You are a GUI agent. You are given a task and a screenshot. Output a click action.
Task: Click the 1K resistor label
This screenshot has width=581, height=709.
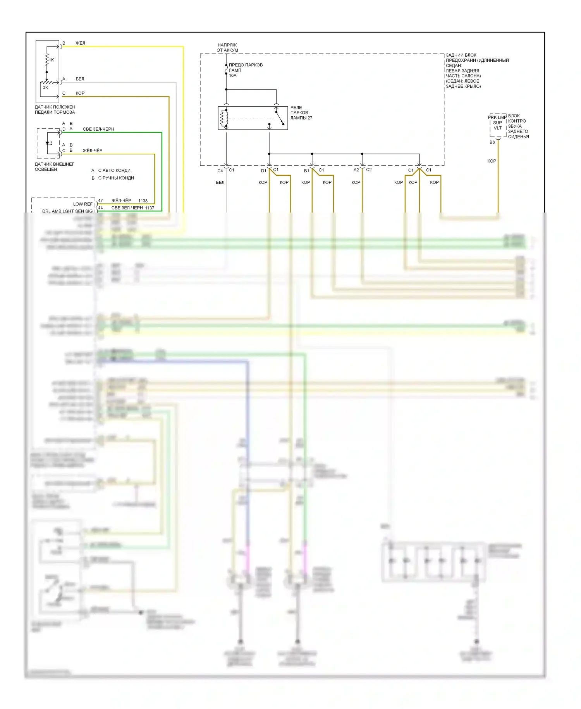coord(52,60)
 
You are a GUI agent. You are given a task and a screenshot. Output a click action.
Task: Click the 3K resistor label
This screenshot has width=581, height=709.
coord(46,88)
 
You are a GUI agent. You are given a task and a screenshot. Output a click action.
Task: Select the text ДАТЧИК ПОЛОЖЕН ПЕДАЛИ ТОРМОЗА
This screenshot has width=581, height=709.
coord(55,110)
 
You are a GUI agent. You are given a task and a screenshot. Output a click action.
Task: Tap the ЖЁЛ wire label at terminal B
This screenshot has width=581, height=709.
coord(80,43)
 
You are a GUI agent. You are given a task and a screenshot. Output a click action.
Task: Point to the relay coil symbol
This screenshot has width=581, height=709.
coord(224,118)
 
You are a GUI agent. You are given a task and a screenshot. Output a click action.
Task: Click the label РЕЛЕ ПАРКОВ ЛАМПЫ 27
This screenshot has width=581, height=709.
coord(301,113)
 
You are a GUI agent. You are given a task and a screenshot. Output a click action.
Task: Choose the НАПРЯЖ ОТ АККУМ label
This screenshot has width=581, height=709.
coord(227,48)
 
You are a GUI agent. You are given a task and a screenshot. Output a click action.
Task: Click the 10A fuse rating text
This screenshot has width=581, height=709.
coord(232,76)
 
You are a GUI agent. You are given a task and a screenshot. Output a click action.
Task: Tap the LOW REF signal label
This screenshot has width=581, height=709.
coord(83,204)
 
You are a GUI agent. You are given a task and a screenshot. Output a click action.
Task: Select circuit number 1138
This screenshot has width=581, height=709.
coord(143,201)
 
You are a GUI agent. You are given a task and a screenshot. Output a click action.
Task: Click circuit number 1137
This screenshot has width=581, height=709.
coord(150,208)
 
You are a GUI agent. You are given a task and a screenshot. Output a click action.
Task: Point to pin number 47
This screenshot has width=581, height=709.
coord(100,201)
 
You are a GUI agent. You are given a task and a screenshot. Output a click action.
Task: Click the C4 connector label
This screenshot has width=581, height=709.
coord(220,171)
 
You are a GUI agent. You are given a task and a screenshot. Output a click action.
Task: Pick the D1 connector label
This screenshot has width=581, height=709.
coord(263,171)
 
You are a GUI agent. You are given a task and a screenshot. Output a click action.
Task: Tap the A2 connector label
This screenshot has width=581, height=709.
coord(356,170)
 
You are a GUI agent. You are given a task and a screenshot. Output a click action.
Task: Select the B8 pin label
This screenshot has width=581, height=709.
coord(492,142)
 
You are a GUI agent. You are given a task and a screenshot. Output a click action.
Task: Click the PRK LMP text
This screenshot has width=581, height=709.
coord(497,118)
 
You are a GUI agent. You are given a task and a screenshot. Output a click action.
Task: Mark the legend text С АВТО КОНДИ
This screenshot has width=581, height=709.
coord(115,171)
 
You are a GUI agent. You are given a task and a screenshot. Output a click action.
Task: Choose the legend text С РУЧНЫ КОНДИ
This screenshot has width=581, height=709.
coord(116,178)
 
